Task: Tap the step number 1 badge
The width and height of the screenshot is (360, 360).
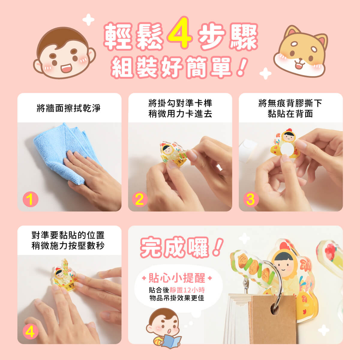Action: [31, 199]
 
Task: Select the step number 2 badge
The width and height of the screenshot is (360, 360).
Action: [139, 199]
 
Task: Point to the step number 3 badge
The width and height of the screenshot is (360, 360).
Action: [251, 199]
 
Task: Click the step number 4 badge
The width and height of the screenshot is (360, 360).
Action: [31, 332]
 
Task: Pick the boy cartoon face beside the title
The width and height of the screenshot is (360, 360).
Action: [64, 53]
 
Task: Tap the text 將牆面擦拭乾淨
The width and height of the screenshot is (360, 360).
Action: [69, 108]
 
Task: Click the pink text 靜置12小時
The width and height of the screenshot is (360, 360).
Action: [187, 290]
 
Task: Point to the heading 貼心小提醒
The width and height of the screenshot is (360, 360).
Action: [177, 278]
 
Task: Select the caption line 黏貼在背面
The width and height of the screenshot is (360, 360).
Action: [290, 114]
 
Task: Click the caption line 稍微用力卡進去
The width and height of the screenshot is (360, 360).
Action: [180, 114]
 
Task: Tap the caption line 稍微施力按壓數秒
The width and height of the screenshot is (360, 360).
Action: [68, 246]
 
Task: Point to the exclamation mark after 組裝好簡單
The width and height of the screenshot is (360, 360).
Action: [242, 67]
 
